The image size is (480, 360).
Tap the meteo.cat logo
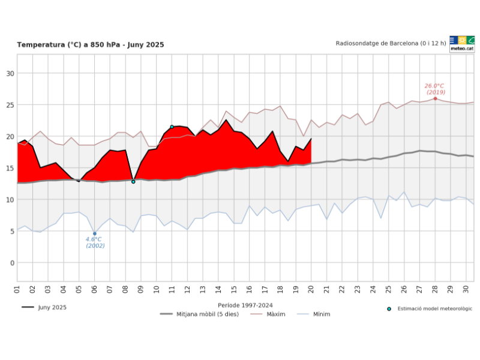pyautogui.click(x=462, y=44)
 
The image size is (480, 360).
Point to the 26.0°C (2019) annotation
pyautogui.click(x=435, y=89)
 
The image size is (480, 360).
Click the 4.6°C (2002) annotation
pyautogui.click(x=95, y=242)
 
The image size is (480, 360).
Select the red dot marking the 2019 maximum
pyautogui.click(x=435, y=98)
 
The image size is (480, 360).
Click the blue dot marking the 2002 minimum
pyautogui.click(x=94, y=233)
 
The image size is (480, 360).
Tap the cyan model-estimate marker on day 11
pyautogui.click(x=172, y=127)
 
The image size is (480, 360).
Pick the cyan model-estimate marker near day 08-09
pyautogui.click(x=133, y=181)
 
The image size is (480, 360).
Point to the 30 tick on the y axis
pyautogui.click(x=10, y=73)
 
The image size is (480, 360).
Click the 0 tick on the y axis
pyautogui.click(x=12, y=263)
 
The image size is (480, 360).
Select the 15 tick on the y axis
pyautogui.click(x=10, y=168)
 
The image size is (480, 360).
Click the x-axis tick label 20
pyautogui.click(x=311, y=289)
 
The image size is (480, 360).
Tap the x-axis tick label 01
pyautogui.click(x=17, y=289)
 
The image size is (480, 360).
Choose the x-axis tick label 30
pyautogui.click(x=466, y=289)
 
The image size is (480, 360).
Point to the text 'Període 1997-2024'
pyautogui.click(x=245, y=305)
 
